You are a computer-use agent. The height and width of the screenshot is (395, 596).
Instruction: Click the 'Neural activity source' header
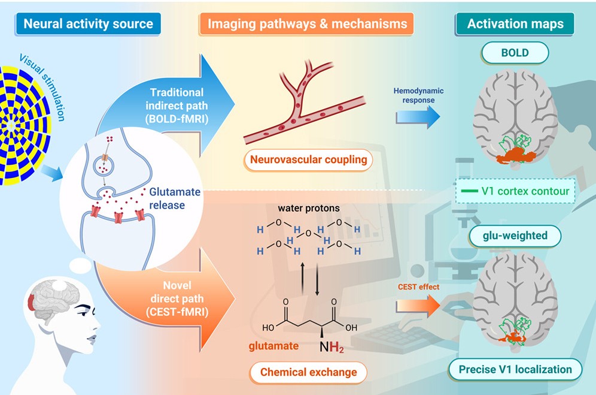88,23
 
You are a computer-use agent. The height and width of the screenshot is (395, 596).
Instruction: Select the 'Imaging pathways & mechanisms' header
307,23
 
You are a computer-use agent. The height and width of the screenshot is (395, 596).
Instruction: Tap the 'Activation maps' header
515,23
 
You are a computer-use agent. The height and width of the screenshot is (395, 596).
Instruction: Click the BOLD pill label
515,53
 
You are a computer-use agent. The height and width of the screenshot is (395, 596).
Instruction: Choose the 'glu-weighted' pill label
515,236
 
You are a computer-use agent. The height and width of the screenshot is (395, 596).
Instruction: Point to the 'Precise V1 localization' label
515,369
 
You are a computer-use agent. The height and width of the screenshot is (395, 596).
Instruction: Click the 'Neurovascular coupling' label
308,159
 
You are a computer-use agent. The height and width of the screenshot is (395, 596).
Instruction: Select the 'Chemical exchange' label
308,372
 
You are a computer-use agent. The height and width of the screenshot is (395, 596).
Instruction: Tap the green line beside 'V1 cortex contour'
469,191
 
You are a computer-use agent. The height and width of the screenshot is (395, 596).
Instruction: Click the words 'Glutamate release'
175,198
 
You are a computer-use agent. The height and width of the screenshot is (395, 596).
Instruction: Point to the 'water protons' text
309,208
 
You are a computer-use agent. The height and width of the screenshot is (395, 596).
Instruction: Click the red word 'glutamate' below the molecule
273,346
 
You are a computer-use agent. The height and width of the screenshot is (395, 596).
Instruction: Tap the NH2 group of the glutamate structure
332,346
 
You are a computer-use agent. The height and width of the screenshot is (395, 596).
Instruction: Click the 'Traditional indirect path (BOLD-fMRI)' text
177,105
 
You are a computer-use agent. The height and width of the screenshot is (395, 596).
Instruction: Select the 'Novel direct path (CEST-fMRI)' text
177,298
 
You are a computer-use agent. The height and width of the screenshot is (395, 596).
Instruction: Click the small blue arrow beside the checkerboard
51,173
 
